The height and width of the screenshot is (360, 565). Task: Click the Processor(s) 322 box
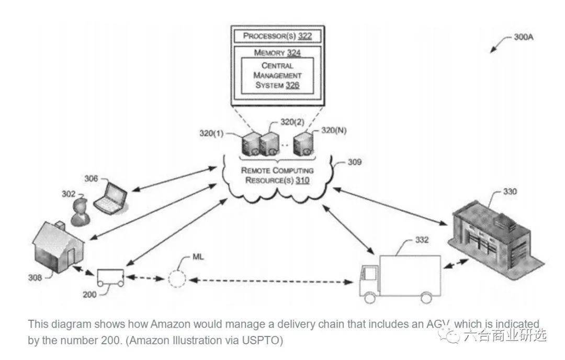click(277, 36)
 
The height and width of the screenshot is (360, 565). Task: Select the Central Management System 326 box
click(277, 75)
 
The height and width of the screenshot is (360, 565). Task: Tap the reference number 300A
click(523, 37)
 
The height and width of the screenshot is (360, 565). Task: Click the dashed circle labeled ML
click(177, 278)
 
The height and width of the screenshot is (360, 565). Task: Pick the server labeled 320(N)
click(303, 144)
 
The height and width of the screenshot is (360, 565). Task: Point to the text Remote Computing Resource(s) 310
click(277, 175)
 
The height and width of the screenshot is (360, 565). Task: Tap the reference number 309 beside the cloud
click(354, 162)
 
